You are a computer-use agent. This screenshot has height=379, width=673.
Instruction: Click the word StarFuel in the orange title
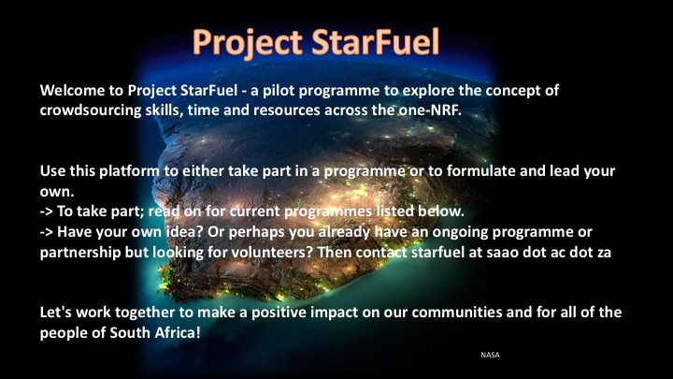[376, 42]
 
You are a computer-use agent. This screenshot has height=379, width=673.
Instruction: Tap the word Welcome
[71, 90]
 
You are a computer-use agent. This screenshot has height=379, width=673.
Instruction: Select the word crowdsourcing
[90, 110]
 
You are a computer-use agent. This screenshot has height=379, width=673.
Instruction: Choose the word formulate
[481, 171]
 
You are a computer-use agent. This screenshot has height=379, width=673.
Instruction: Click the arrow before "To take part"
[47, 211]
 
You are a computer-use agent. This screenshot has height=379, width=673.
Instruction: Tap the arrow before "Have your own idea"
[47, 232]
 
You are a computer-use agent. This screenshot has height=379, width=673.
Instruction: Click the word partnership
[80, 253]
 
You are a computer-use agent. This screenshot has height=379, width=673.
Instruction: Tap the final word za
[604, 253]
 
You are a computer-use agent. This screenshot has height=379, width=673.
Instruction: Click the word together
[145, 313]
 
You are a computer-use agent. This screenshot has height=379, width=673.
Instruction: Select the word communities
[457, 313]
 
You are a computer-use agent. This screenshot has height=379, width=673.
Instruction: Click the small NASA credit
[490, 355]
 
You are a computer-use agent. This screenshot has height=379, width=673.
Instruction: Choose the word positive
[279, 313]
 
